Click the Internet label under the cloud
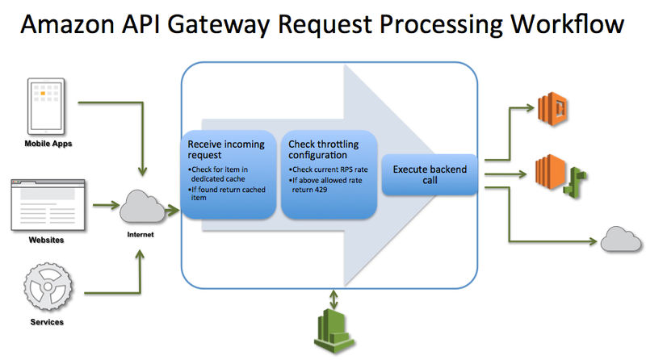pyautogui.click(x=139, y=235)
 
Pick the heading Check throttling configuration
pyautogui.click(x=324, y=149)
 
